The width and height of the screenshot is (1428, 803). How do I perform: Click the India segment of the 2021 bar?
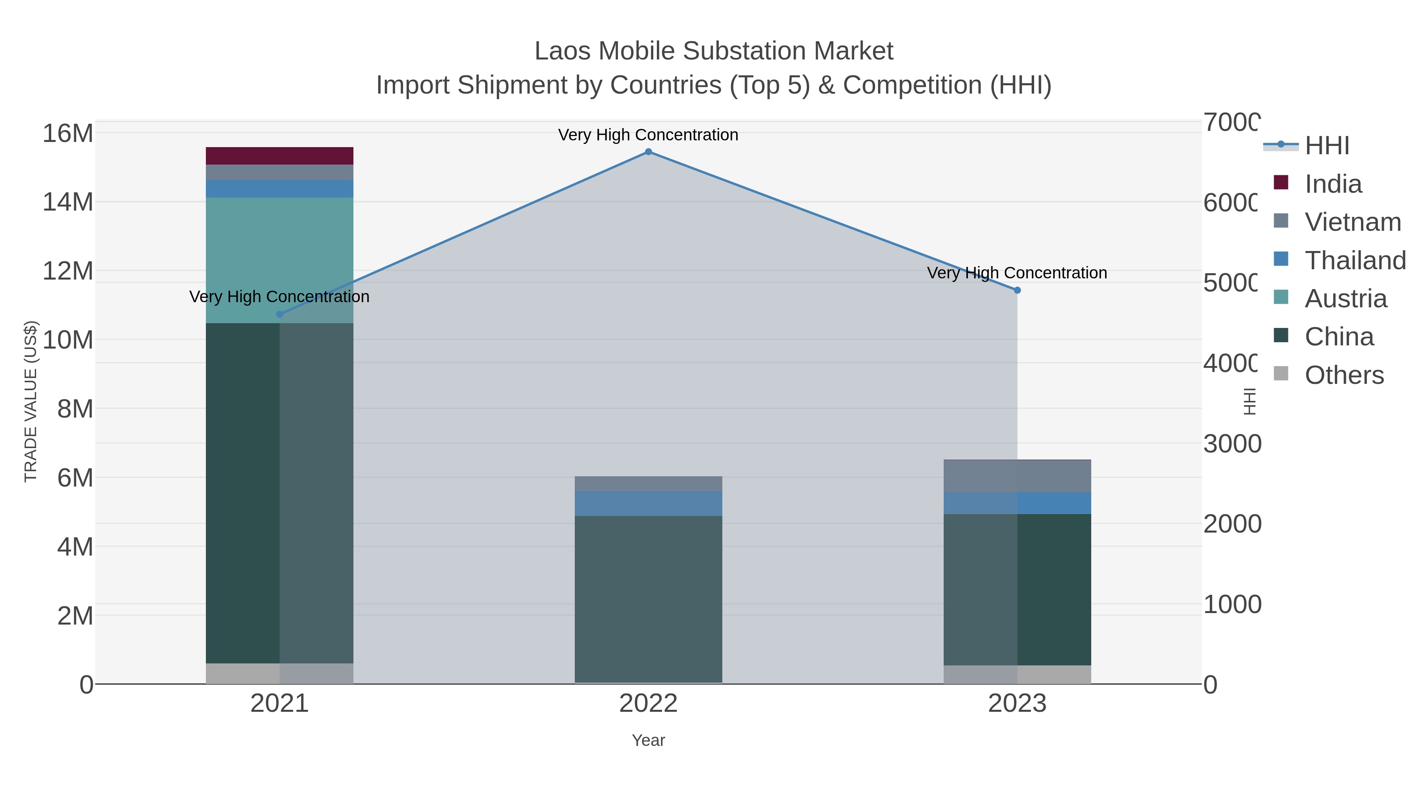point(279,156)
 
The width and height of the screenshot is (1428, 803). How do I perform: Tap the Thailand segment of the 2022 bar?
point(648,503)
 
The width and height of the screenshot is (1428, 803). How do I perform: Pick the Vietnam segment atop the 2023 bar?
point(1017,476)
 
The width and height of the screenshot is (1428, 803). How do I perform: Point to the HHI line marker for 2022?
point(648,152)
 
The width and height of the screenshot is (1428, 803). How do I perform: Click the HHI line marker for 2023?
point(1017,290)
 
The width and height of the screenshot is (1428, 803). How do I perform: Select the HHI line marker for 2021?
point(279,314)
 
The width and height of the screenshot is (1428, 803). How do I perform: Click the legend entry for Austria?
point(1345,299)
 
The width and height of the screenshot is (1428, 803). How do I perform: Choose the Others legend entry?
point(1344,375)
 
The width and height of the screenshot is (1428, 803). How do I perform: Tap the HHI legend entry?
point(1326,146)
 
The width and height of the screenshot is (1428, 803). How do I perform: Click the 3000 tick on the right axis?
point(1232,444)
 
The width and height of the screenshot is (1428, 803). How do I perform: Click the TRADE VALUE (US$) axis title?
point(31,401)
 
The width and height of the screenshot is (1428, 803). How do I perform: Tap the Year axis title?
point(648,740)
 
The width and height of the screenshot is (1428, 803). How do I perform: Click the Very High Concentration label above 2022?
point(648,135)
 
